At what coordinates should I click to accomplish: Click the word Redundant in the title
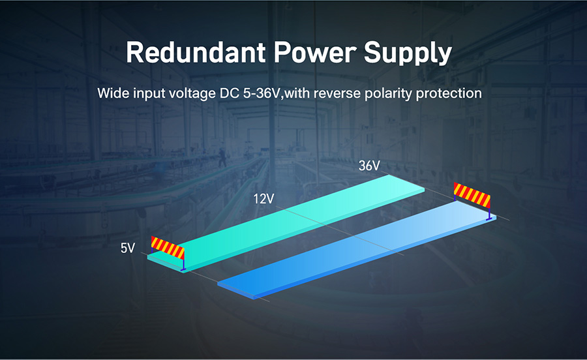pyautogui.click(x=196, y=52)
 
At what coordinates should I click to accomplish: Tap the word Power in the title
pyautogui.click(x=314, y=52)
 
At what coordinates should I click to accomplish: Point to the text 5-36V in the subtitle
pyautogui.click(x=262, y=93)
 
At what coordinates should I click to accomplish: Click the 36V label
pyautogui.click(x=369, y=166)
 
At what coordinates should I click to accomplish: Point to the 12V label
pyautogui.click(x=263, y=199)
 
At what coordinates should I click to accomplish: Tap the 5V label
pyautogui.click(x=128, y=248)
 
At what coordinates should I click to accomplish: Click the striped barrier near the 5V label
pyautogui.click(x=168, y=252)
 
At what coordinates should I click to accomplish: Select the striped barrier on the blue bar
pyautogui.click(x=472, y=200)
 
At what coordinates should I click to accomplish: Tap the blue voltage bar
pyautogui.click(x=357, y=249)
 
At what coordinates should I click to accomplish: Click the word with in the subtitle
pyautogui.click(x=297, y=93)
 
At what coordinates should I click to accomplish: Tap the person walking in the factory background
pyautogui.click(x=222, y=158)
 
